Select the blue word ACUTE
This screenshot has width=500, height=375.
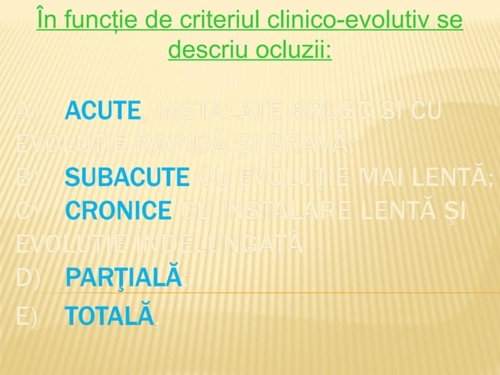[103, 112]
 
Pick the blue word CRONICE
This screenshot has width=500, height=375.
[118, 211]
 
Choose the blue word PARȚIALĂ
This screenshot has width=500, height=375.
[124, 277]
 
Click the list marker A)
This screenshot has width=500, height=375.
[29, 112]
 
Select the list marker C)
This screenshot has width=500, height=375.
[29, 211]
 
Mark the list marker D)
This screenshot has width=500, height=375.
[29, 277]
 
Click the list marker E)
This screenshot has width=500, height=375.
[29, 316]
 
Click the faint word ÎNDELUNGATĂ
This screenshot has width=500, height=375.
[212, 244]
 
